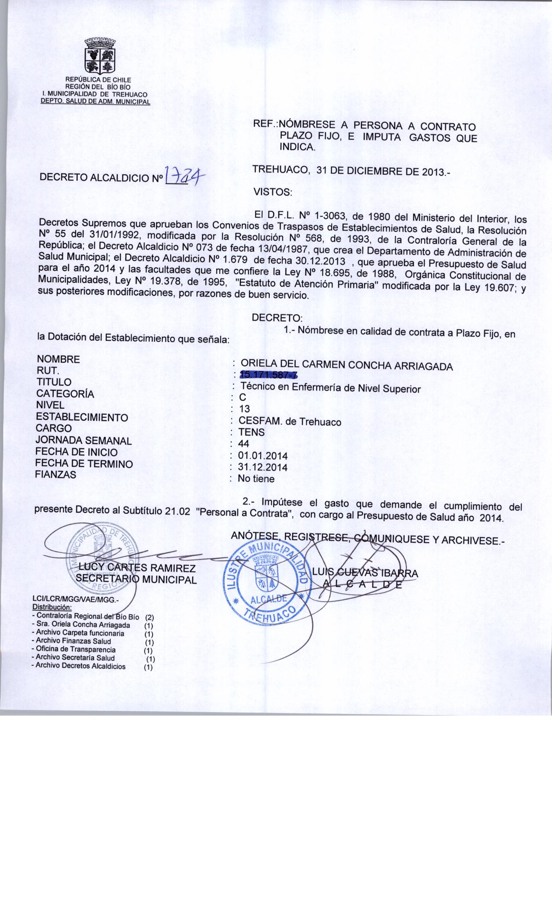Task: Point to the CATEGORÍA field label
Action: tap(65, 394)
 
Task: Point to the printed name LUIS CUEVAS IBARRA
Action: tap(365, 573)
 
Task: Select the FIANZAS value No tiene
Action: tap(256, 479)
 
